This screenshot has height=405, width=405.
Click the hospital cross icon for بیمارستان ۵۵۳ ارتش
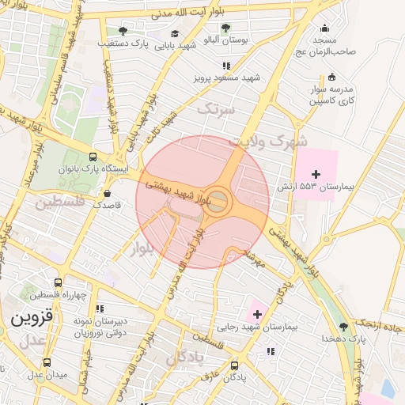[x=316, y=174]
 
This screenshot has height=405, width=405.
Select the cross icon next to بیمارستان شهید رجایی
[x=257, y=314]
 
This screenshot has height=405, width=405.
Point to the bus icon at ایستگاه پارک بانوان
[x=94, y=157]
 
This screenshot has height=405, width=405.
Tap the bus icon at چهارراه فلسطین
[x=59, y=282]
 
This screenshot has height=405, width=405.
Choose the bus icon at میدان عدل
[x=47, y=361]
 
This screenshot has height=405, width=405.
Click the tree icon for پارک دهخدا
[x=343, y=326]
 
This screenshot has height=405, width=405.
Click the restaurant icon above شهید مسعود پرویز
[x=226, y=66]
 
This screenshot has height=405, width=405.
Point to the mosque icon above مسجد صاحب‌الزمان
[x=323, y=27]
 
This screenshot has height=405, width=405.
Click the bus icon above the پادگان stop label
[x=234, y=365]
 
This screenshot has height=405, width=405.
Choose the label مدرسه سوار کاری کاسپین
[x=331, y=95]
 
